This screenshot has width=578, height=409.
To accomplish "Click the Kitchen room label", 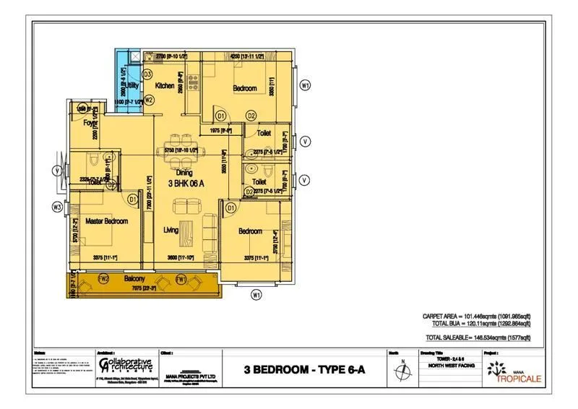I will pos(165,85).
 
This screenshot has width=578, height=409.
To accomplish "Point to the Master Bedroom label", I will pos(106,220).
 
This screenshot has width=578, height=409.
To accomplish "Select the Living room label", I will pos(171,230).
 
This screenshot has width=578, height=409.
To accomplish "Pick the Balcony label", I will pos(134,278).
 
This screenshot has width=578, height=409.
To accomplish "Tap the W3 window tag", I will pos(57,207).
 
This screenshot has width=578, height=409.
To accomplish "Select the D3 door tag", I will pos(147,74).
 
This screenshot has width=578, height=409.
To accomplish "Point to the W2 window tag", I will pos(149,99).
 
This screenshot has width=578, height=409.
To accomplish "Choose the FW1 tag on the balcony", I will pos(181,278).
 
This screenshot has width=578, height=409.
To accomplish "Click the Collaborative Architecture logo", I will pos(126,366).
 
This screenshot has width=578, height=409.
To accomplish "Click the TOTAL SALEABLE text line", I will pos(478,337).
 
